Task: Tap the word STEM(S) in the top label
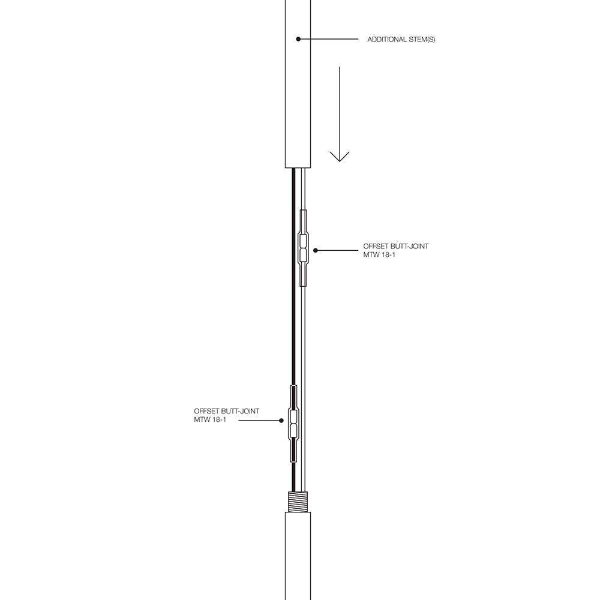tap(422, 40)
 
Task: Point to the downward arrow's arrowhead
tap(340, 157)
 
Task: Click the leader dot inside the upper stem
tap(298, 39)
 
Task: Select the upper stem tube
tap(298, 84)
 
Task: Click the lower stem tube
tap(298, 556)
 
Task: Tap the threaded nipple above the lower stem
tap(298, 502)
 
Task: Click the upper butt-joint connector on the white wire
tap(303, 248)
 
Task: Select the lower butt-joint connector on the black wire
tap(293, 424)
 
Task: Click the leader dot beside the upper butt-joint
tap(316, 250)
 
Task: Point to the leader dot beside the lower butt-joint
tap(281, 421)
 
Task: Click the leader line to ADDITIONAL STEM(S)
tap(328, 39)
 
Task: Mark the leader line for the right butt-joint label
tap(337, 250)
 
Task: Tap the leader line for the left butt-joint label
tap(260, 421)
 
